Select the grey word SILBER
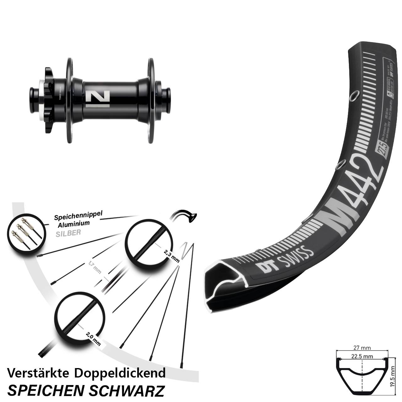[x=68, y=233]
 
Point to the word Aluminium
[x=74, y=224]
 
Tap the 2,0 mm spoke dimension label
[x=93, y=338]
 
